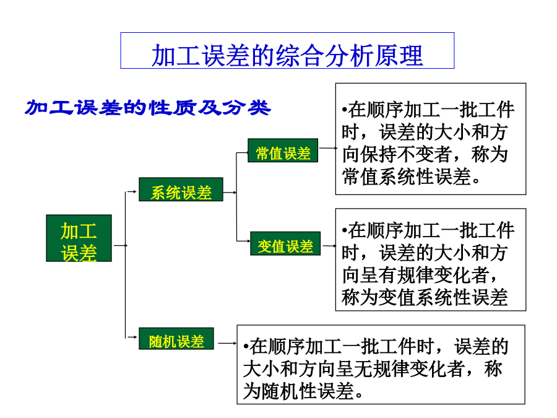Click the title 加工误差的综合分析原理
click(287, 56)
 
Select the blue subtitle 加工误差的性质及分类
click(148, 108)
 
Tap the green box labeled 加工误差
click(79, 238)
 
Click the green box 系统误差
click(181, 189)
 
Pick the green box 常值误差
click(283, 150)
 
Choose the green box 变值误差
click(285, 243)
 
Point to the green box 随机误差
click(176, 338)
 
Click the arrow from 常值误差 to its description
click(327, 148)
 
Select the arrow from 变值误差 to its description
click(329, 246)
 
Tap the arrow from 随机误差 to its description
click(227, 343)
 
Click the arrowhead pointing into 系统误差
click(135, 191)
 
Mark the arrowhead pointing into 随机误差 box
click(135, 337)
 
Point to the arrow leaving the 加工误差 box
click(121, 245)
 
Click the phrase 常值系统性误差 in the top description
click(406, 176)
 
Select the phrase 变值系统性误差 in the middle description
click(443, 297)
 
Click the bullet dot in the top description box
click(344, 110)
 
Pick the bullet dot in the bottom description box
click(246, 347)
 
